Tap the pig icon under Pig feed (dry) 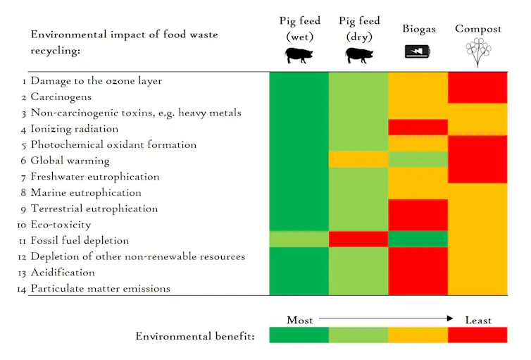tap(358, 56)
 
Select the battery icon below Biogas tap(418, 51)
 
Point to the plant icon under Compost tap(478, 51)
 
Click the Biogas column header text tap(419, 29)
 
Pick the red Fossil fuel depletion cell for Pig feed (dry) tap(358, 240)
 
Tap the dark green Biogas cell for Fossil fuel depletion tap(418, 240)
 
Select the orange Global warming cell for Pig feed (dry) tap(358, 160)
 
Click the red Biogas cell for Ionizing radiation tap(418, 128)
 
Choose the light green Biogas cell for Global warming tap(418, 160)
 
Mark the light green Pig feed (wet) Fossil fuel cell tap(299, 240)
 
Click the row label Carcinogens tap(61, 97)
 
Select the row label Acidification tap(62, 273)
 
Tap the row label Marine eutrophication tap(85, 193)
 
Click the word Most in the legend tap(300, 320)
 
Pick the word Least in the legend tap(478, 320)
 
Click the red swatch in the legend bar tap(477, 335)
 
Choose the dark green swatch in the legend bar tap(299, 335)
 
